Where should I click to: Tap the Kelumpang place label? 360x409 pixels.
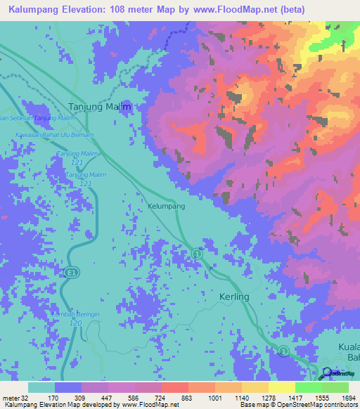(167, 207)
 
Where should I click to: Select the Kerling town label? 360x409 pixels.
(234, 297)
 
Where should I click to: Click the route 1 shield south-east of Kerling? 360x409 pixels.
(283, 350)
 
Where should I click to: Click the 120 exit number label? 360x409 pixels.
(77, 323)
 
